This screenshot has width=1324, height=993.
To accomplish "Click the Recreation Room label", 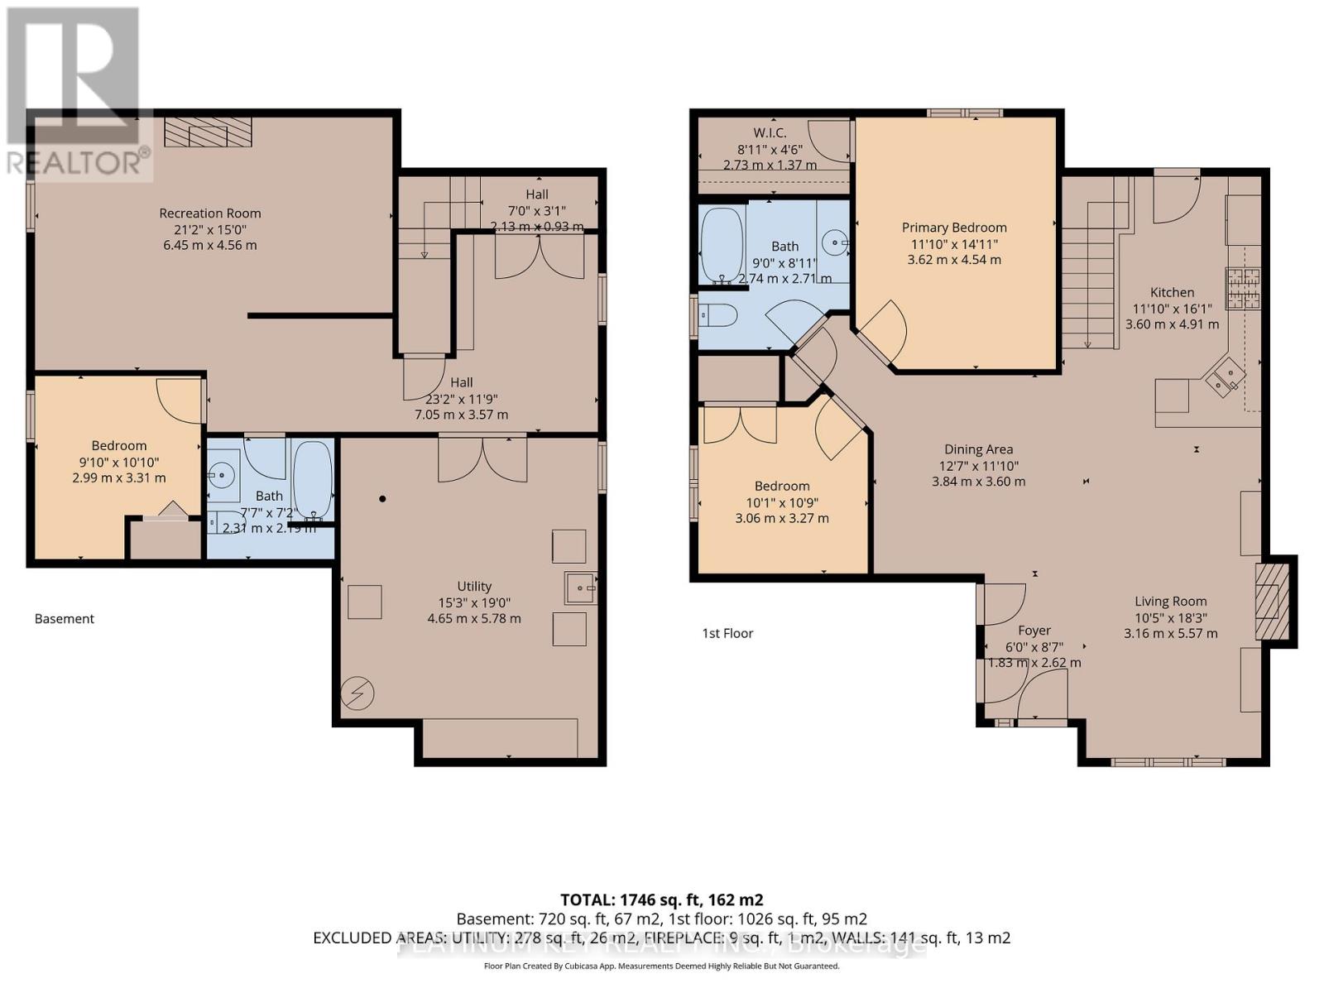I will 210,213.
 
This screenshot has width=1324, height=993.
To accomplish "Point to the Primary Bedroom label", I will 954,228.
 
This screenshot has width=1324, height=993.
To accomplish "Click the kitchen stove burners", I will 1243,288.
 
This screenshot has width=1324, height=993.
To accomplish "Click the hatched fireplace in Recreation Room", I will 208,132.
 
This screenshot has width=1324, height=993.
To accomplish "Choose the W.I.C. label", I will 770,132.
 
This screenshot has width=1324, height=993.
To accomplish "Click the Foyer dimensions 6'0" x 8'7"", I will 1034,647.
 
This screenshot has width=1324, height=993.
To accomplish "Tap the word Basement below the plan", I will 65,619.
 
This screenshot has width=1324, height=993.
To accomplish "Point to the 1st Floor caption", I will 727,634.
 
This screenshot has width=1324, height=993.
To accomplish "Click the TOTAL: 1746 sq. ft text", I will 661,900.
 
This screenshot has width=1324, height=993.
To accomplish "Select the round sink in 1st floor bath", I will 835,243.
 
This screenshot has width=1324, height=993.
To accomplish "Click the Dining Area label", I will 979,449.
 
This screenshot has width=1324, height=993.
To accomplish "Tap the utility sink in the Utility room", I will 580,588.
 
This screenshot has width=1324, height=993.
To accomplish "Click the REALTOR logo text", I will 79,161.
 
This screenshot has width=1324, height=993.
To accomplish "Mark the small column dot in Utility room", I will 382,499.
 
